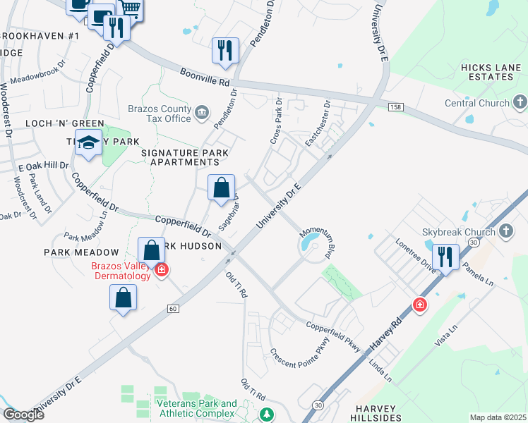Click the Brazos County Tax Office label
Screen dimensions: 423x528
(x=160, y=114)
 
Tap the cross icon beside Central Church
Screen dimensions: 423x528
(x=521, y=104)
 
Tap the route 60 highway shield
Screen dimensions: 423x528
(x=172, y=308)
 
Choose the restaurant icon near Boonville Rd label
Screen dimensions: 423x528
(x=225, y=50)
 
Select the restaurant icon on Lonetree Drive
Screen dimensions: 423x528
(x=445, y=257)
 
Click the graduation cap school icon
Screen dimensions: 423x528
(x=89, y=143)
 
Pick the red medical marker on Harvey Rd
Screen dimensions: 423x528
(x=420, y=305)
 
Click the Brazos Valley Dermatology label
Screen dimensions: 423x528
(x=121, y=271)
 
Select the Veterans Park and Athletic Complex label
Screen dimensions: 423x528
(x=197, y=408)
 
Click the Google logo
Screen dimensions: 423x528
(x=23, y=415)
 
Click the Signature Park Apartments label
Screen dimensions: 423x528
(x=180, y=157)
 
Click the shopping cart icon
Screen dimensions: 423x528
(x=129, y=8)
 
